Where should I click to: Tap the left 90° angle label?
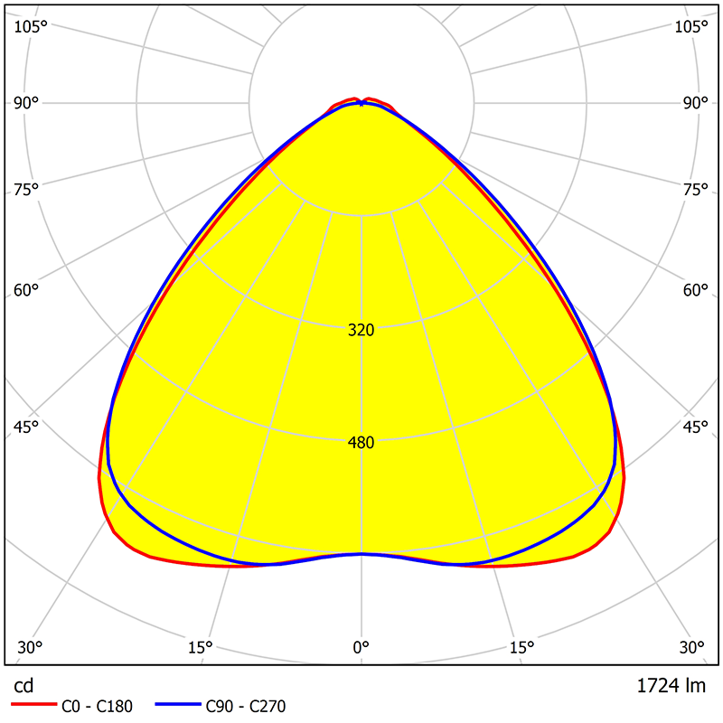click(26, 102)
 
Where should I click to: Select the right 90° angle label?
click(695, 102)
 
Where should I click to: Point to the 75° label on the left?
click(26, 189)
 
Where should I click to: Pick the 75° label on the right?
click(695, 189)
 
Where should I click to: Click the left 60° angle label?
click(26, 290)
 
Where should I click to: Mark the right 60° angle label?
click(695, 290)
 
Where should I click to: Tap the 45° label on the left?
click(26, 427)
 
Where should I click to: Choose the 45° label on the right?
click(695, 427)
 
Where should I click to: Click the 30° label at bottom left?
click(30, 647)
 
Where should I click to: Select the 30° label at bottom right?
click(692, 647)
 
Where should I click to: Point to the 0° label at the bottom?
click(361, 647)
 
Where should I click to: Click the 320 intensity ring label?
click(361, 330)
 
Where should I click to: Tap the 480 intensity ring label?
click(361, 443)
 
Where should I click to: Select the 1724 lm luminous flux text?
click(670, 686)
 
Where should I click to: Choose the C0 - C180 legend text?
click(98, 707)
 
